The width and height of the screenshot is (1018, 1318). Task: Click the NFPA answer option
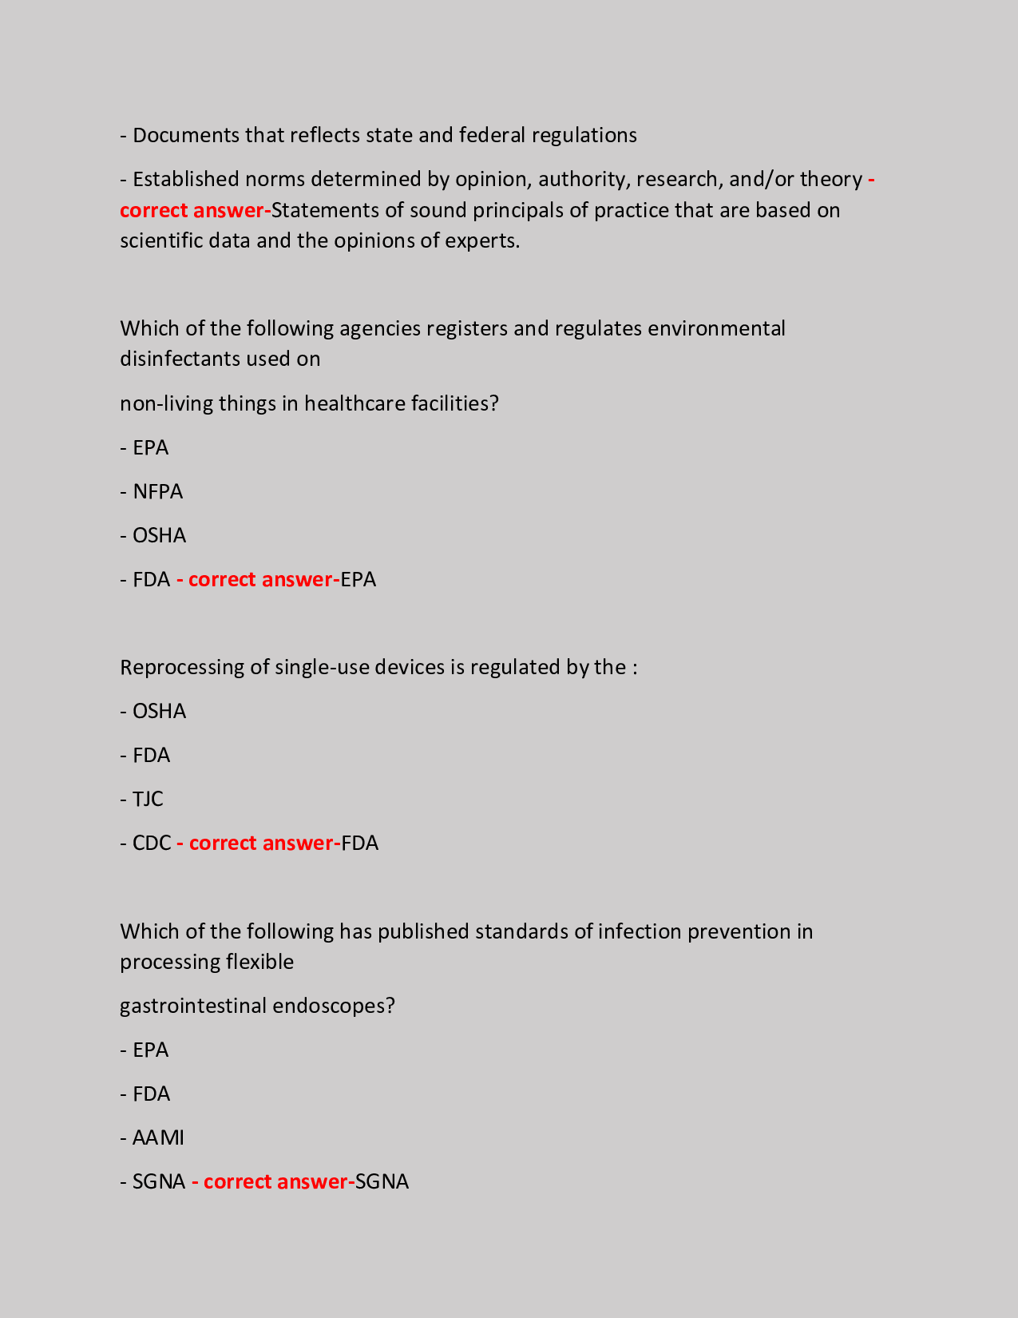point(157,491)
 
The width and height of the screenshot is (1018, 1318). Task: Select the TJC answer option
point(148,799)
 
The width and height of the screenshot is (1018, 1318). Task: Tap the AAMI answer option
point(158,1137)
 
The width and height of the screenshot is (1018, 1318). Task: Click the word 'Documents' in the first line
point(186,135)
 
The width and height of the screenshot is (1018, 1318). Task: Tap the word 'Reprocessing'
point(182,667)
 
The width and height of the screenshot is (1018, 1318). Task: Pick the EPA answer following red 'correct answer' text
point(358,579)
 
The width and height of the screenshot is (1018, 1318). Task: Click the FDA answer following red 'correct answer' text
point(359,843)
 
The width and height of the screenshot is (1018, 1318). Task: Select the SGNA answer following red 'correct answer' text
point(382,1181)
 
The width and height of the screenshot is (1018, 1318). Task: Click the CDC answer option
point(152,843)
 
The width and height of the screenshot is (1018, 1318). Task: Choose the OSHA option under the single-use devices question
point(159,711)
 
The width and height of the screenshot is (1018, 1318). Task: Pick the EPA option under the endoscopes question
point(150,1050)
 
